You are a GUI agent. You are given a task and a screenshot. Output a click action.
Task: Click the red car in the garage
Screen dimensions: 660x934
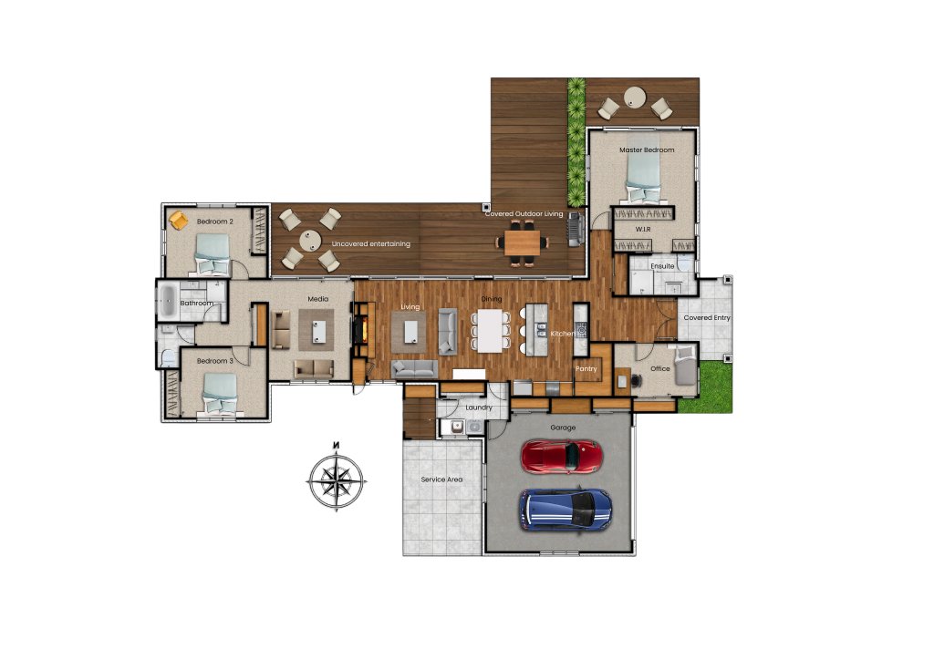click(561, 457)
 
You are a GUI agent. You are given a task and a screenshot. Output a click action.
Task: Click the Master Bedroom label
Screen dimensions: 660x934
click(646, 150)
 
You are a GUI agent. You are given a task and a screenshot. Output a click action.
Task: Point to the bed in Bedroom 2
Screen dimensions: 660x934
click(212, 253)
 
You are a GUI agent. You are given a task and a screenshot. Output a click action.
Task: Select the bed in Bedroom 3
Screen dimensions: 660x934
click(219, 392)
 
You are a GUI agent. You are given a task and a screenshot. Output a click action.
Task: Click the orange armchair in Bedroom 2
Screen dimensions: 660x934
click(179, 221)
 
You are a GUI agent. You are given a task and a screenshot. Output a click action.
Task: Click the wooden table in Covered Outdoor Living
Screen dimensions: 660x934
click(523, 242)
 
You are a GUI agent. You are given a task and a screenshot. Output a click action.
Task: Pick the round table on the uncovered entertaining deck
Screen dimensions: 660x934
click(310, 241)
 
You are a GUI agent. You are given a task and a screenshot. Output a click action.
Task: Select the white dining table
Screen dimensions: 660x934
click(492, 329)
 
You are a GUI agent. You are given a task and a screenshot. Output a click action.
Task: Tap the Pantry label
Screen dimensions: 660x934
click(586, 369)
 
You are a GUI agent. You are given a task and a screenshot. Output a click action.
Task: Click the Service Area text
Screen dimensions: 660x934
click(441, 480)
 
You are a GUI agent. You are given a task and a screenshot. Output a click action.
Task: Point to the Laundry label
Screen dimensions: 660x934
click(478, 407)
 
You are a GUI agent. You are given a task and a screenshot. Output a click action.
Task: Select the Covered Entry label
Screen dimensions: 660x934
click(707, 318)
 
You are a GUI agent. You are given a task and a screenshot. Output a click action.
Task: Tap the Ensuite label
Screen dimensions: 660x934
click(662, 266)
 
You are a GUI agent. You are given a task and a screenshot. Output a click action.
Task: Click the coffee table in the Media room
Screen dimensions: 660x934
click(317, 328)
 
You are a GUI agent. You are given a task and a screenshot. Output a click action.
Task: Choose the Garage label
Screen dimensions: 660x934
click(562, 427)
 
